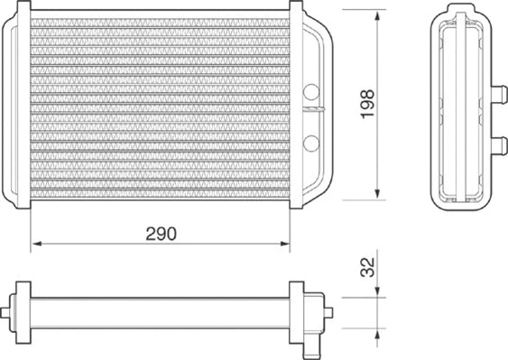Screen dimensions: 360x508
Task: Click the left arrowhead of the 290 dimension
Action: (x=37, y=244)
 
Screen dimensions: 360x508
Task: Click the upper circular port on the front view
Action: (x=311, y=91)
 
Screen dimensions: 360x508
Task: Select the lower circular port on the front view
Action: (x=311, y=142)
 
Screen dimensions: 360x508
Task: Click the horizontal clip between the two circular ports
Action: (x=311, y=110)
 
